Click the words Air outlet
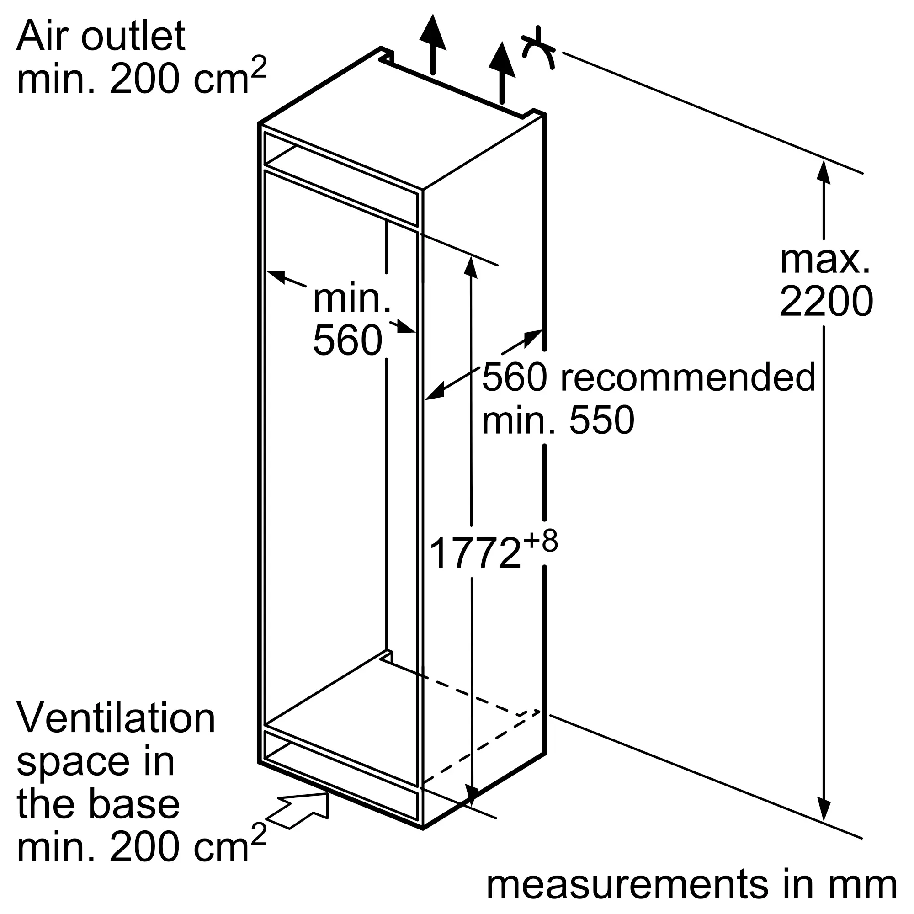point(101,37)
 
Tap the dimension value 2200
point(826,301)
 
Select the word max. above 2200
point(825,260)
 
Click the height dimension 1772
point(475,553)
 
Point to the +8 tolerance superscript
point(541,540)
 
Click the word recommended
point(688,377)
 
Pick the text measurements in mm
point(691,884)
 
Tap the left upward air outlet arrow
point(433,44)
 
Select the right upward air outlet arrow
point(502,72)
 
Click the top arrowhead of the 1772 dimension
point(470,266)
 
